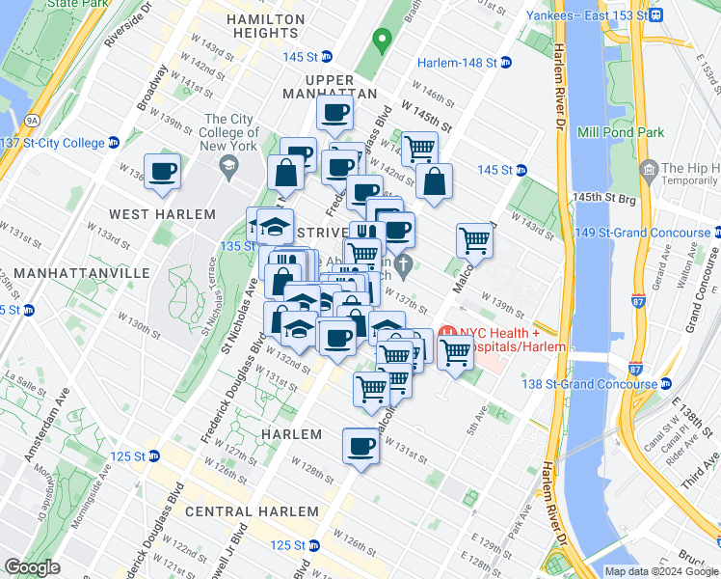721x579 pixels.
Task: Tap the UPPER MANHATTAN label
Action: [x=328, y=86]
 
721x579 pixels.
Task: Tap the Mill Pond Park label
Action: [x=621, y=132]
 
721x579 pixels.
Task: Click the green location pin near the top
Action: [x=382, y=41]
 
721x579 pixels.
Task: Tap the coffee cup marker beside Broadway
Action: [x=162, y=171]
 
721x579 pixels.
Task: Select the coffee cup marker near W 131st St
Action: [x=360, y=446]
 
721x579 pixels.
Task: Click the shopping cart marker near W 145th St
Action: [x=419, y=148]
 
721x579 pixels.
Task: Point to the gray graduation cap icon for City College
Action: [x=228, y=165]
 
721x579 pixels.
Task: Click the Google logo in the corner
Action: [x=32, y=567]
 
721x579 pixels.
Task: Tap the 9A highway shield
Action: [x=32, y=120]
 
